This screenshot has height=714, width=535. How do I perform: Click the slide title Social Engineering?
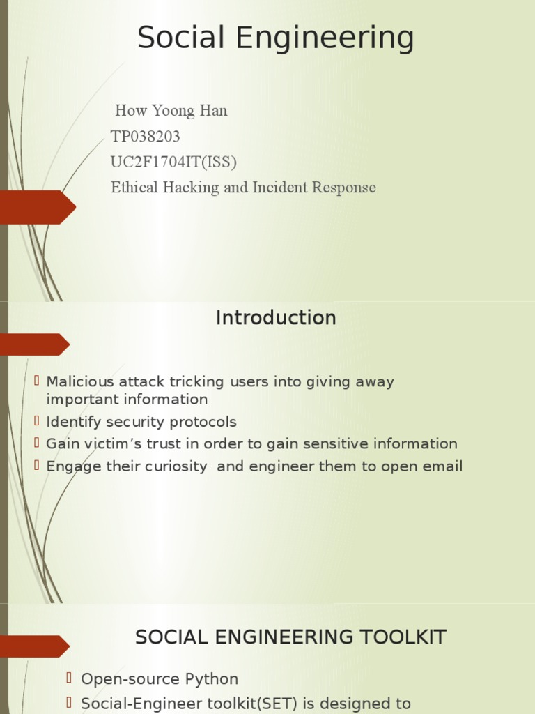(275, 38)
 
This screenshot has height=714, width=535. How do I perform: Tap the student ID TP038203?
(145, 137)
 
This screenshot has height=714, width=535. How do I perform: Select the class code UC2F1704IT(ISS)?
(173, 162)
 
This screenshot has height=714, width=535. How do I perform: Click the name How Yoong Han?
(171, 111)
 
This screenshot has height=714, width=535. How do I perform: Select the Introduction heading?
(276, 318)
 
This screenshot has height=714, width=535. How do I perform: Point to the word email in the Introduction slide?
(442, 466)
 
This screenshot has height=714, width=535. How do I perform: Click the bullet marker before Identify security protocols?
(38, 420)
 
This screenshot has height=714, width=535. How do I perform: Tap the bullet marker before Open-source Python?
(70, 678)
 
